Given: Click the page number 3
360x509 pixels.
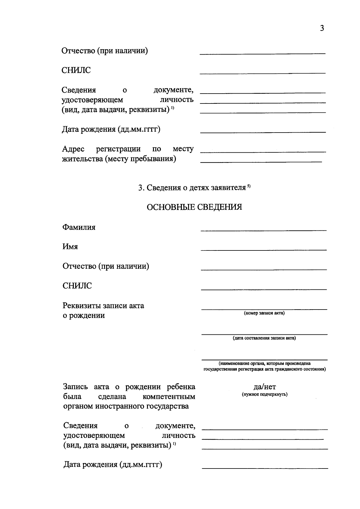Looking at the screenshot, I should click(x=322, y=28).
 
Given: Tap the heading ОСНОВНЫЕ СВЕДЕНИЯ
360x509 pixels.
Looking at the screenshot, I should click(x=194, y=207).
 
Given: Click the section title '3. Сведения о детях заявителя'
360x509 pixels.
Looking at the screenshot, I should click(x=192, y=188).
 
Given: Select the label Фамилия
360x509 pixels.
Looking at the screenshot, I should click(x=79, y=227).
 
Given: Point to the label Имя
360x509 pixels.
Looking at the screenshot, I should click(x=70, y=247).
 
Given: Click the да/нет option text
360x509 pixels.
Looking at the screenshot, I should click(x=265, y=387).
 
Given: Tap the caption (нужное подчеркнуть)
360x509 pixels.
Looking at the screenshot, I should click(x=265, y=394).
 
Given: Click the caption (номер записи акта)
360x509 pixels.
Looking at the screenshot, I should click(x=264, y=313).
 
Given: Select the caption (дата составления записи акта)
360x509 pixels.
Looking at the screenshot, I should click(x=264, y=338).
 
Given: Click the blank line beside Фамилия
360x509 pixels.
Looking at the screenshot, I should click(x=263, y=230).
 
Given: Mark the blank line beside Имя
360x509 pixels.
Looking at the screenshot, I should click(x=263, y=250).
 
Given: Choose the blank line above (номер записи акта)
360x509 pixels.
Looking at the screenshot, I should click(x=264, y=309).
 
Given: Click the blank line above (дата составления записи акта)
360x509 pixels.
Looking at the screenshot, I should click(x=264, y=334).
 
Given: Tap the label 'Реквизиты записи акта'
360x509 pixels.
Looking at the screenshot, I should click(x=103, y=306).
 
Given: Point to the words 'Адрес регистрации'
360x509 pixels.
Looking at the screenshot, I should click(x=101, y=149).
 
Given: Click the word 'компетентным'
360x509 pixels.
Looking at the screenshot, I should click(x=169, y=397).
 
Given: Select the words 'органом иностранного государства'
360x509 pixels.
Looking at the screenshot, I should click(x=126, y=406).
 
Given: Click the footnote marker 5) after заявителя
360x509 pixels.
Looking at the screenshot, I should click(x=249, y=186).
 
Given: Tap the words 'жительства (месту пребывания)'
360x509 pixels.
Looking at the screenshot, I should click(x=119, y=159).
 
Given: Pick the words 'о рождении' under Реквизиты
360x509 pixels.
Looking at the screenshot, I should click(x=84, y=316).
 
